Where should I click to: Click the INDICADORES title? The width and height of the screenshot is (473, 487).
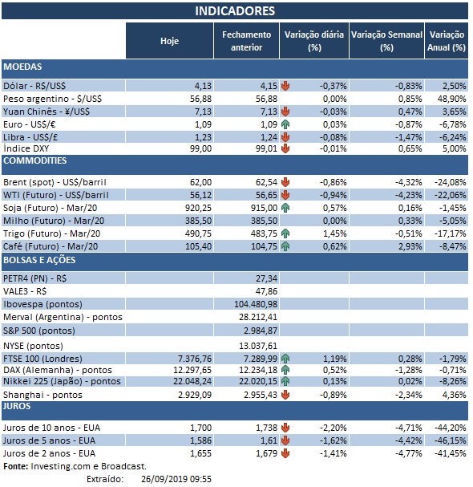tap(235, 10)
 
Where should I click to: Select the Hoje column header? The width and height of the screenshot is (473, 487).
tap(169, 41)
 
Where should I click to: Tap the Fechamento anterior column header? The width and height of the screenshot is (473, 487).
tap(247, 41)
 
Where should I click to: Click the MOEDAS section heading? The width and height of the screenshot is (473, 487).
tap(23, 67)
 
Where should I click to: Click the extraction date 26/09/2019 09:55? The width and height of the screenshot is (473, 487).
tap(174, 478)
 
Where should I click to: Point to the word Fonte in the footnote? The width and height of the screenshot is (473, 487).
tap(15, 465)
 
